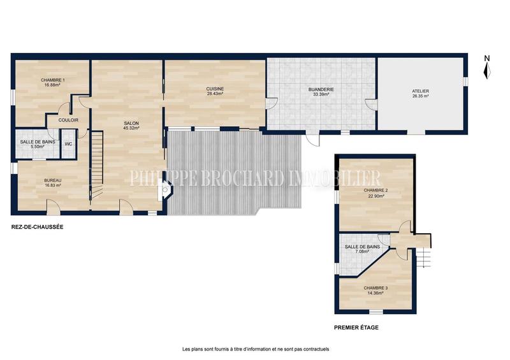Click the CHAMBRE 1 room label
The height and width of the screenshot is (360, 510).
point(54,82)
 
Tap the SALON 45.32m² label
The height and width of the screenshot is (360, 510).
point(132,126)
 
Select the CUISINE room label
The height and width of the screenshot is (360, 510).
point(214,91)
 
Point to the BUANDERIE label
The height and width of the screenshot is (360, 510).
point(321,92)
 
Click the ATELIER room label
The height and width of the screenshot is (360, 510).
point(420,94)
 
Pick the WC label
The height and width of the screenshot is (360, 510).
point(68,144)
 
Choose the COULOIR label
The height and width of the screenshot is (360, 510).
point(68,120)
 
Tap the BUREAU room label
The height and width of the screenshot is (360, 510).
point(53,184)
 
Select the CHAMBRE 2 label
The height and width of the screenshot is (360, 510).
point(375,193)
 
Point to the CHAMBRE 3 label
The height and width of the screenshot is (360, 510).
point(376,291)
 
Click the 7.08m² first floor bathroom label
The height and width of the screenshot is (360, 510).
point(362,249)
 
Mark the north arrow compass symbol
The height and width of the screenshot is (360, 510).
point(486,68)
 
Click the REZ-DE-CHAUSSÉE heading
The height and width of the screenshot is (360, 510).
point(37,227)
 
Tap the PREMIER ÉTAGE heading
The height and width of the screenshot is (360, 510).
point(356,328)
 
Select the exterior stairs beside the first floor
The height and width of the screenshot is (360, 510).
point(423,259)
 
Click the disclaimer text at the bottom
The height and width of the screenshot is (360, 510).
point(255,349)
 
